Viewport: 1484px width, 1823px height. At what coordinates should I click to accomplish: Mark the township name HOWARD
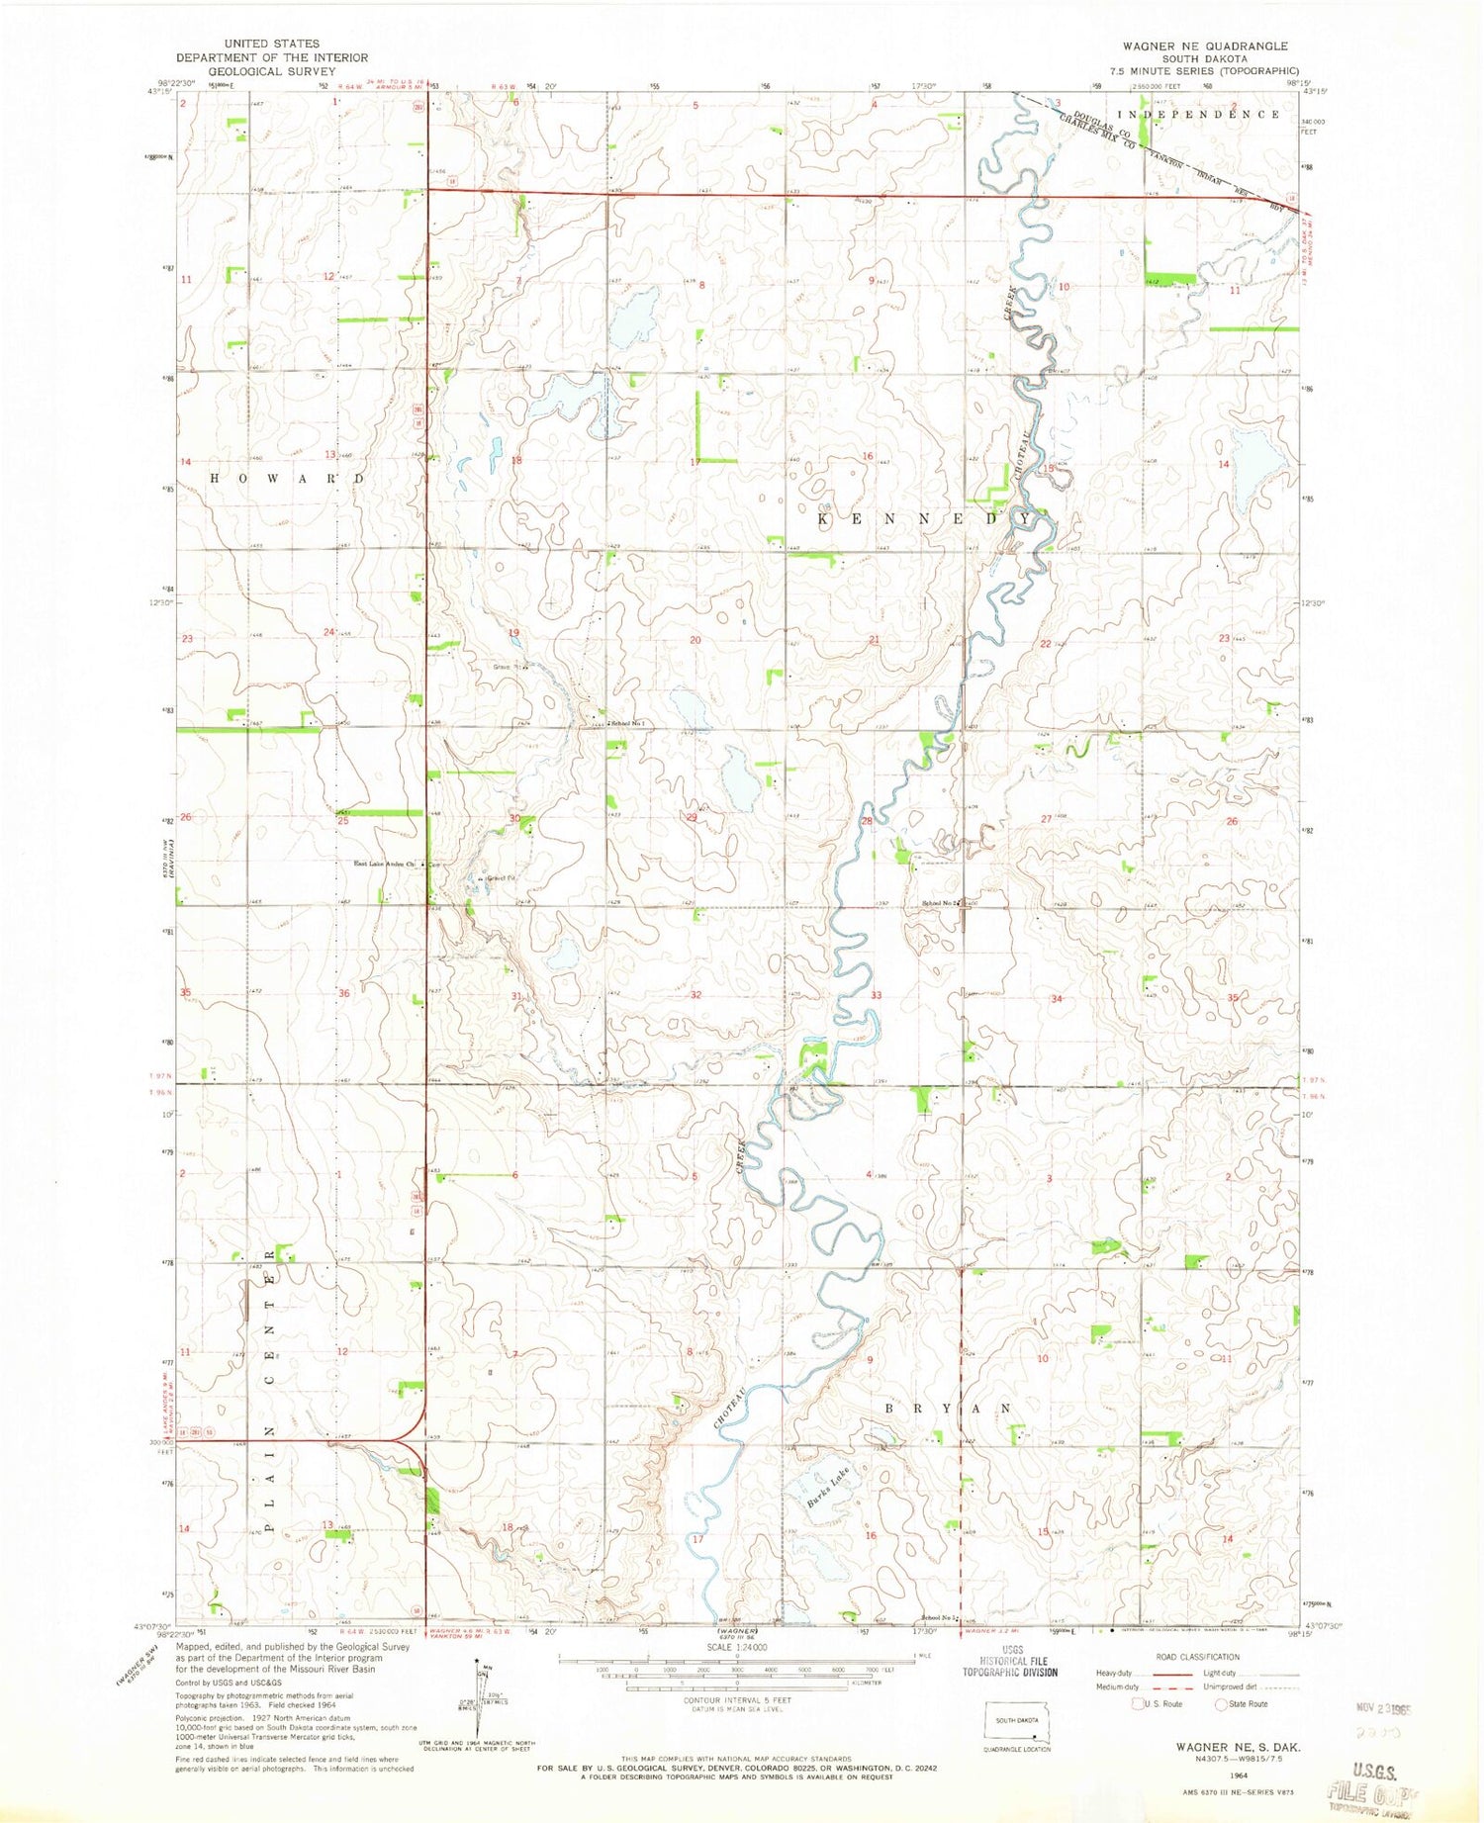pyautogui.click(x=285, y=478)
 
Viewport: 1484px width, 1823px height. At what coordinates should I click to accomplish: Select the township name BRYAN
pyautogui.click(x=947, y=1407)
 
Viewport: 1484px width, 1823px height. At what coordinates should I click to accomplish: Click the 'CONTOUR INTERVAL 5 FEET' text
pyautogui.click(x=737, y=1700)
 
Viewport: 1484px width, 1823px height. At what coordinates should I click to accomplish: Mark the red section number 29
pyautogui.click(x=693, y=817)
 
